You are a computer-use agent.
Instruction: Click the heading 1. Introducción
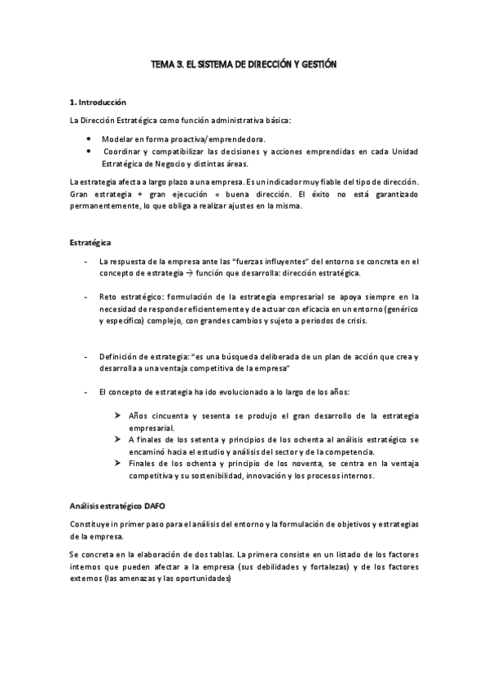pos(98,103)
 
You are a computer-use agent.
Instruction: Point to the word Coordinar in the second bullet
pos(124,152)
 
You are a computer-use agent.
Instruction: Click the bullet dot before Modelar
pos(88,140)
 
